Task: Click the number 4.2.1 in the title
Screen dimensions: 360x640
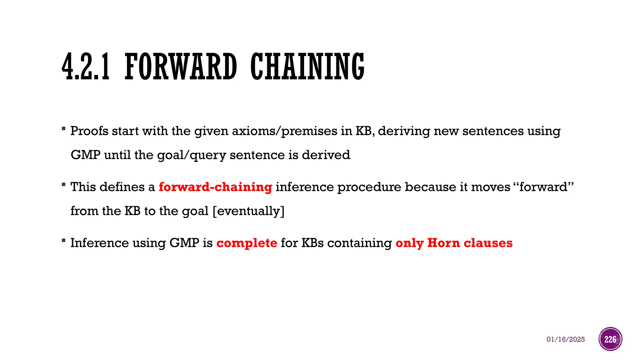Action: point(86,67)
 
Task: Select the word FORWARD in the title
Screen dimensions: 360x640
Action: point(181,67)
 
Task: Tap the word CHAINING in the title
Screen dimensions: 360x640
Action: point(307,67)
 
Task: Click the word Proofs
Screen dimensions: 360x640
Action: point(89,131)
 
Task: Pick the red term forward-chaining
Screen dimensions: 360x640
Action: point(215,187)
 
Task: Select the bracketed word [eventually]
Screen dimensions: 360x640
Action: point(248,211)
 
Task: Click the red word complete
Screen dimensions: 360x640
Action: point(247,243)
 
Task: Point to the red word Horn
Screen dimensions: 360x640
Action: point(443,243)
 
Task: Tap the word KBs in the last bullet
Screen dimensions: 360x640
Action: point(312,243)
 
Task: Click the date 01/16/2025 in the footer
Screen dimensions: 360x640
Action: point(566,339)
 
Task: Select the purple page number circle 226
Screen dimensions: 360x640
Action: point(610,339)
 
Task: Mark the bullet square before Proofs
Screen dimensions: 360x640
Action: point(64,128)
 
